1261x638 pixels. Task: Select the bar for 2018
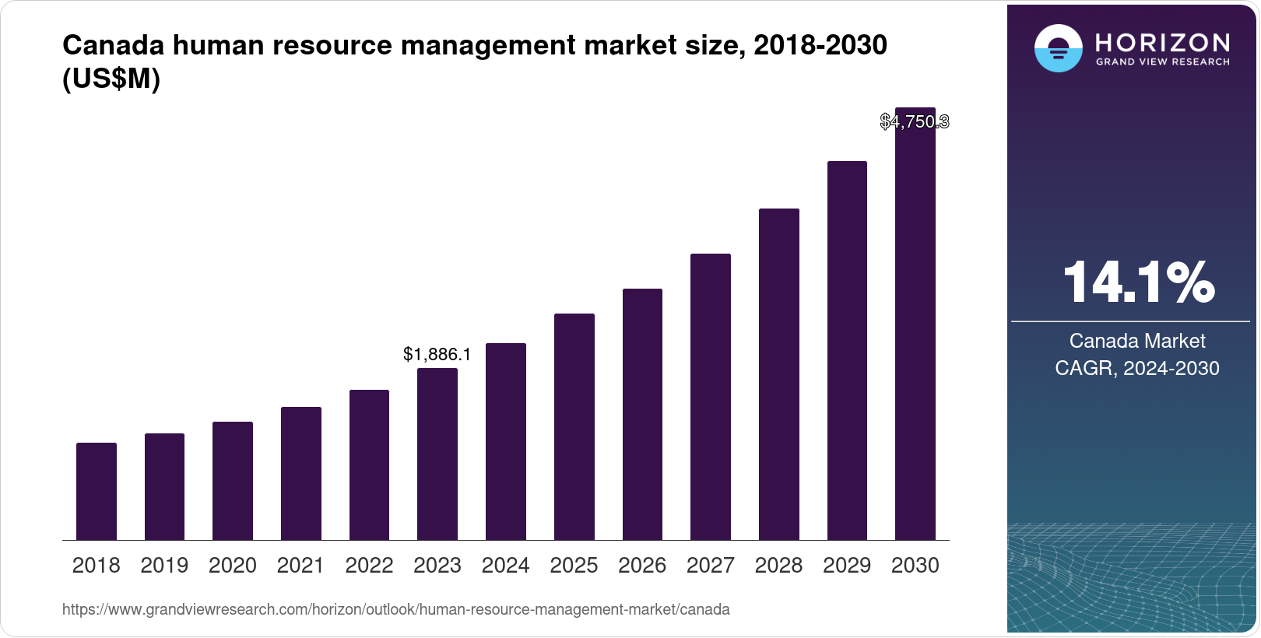[x=97, y=491]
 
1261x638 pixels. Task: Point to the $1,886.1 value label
[x=437, y=355]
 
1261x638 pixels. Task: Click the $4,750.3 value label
[x=915, y=121]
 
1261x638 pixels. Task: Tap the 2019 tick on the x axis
[x=164, y=565]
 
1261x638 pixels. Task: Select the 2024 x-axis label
[x=505, y=565]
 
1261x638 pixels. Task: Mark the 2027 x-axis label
[x=710, y=565]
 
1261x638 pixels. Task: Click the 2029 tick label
[x=847, y=565]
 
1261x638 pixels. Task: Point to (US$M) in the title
[x=111, y=79]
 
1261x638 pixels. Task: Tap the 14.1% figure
[x=1137, y=282]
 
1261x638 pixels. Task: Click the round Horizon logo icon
[x=1058, y=48]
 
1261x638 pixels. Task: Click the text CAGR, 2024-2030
[x=1136, y=368]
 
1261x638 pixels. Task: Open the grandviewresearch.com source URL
[x=395, y=609]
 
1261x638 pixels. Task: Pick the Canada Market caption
[x=1136, y=341]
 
